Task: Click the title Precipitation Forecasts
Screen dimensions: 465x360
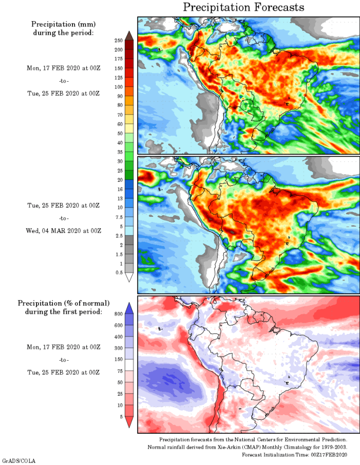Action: (244, 7)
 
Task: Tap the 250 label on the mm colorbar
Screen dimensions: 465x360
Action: (118, 40)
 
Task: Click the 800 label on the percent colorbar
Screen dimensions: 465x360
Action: (118, 313)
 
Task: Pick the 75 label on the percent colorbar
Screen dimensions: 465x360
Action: (119, 371)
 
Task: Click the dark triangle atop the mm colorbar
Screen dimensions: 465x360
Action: (129, 35)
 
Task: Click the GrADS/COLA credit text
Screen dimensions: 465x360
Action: (19, 461)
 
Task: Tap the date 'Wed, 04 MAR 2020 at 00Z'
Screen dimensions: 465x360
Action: (63, 231)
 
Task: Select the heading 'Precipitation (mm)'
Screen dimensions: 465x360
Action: (63, 24)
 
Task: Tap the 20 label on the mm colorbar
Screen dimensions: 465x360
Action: (119, 180)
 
